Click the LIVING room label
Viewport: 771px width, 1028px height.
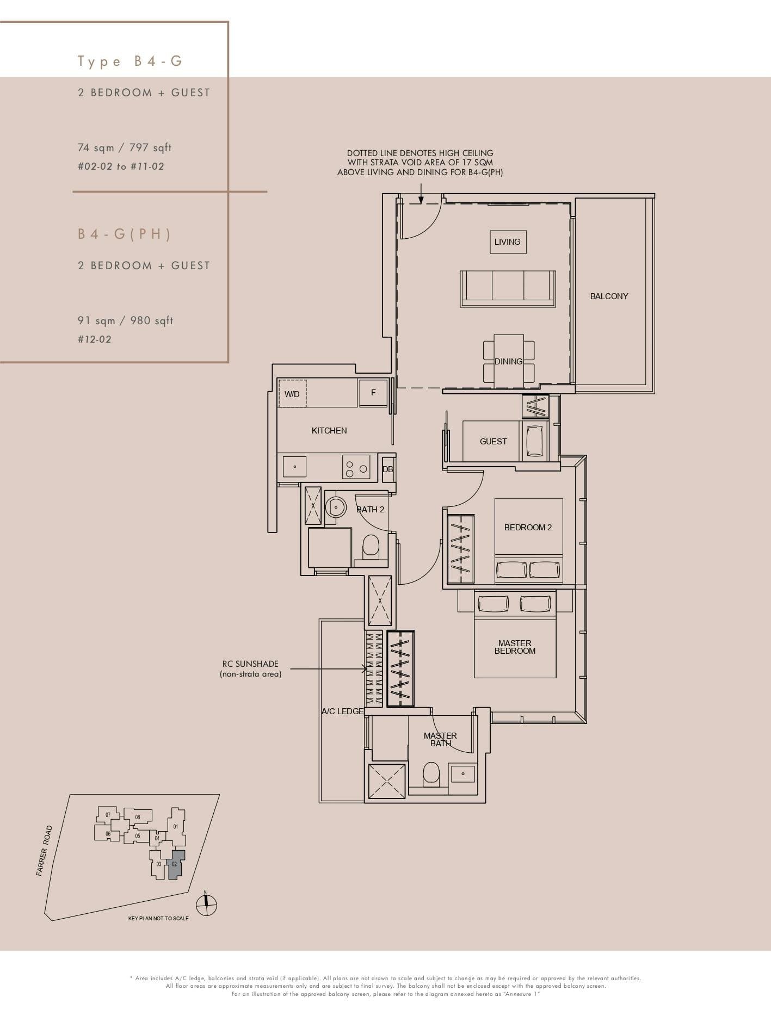(x=507, y=241)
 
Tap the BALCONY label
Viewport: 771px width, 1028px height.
(x=609, y=296)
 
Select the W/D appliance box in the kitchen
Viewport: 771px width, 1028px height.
(x=292, y=394)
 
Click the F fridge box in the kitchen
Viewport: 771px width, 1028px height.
(x=373, y=392)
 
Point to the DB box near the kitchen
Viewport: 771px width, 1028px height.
(x=388, y=469)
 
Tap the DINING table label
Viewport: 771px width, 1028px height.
(x=508, y=361)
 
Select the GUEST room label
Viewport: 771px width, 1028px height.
(x=493, y=442)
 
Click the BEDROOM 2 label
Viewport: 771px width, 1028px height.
(x=528, y=527)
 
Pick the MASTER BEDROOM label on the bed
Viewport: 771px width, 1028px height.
(x=515, y=647)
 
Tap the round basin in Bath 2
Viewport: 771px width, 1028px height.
(x=336, y=507)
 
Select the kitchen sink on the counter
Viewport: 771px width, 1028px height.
(x=294, y=467)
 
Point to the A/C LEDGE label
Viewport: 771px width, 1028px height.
(x=342, y=711)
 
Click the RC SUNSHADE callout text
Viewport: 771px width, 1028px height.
(x=250, y=669)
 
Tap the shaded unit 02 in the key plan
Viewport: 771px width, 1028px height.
(x=175, y=866)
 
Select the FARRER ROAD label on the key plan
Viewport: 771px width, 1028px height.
(x=45, y=851)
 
